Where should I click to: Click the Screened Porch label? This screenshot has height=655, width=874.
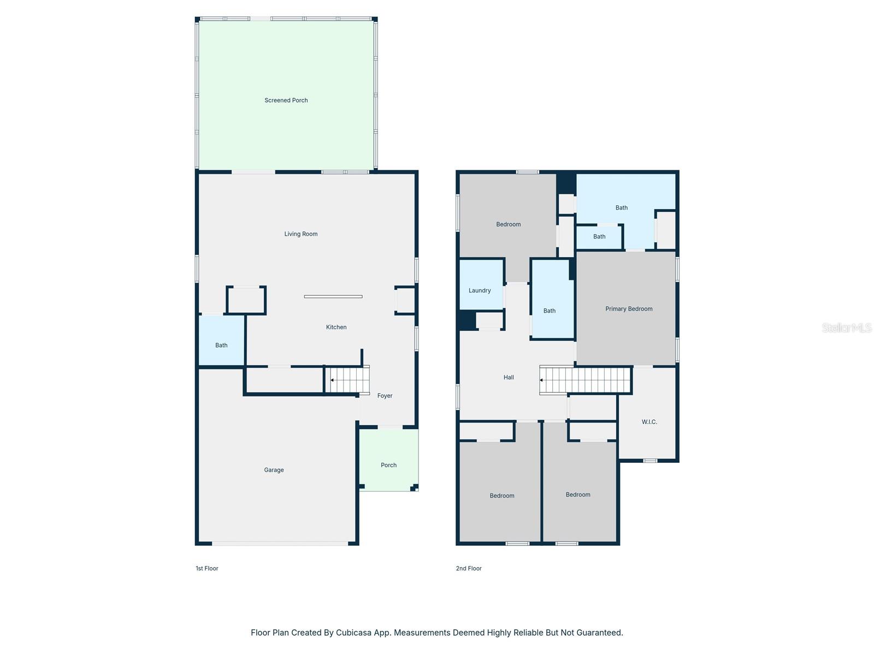click(286, 100)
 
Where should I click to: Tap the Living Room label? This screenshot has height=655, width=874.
click(300, 234)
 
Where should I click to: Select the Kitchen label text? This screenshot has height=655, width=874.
click(336, 327)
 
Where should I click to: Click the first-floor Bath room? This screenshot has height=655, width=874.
click(221, 341)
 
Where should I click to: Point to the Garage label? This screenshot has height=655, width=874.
click(274, 470)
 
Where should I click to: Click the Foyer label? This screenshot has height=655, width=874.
click(385, 396)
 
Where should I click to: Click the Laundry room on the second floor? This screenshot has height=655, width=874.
click(480, 290)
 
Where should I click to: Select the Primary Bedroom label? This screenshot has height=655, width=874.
click(629, 309)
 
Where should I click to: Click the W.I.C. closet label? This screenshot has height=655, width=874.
click(649, 422)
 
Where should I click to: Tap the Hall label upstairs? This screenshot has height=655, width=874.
click(509, 377)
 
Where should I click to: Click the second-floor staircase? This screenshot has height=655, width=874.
click(585, 380)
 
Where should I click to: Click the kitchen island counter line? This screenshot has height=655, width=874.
click(333, 296)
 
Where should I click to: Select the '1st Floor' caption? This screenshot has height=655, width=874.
click(207, 568)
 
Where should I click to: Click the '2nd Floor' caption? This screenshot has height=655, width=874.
click(469, 568)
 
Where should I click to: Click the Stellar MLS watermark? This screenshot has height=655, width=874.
click(846, 327)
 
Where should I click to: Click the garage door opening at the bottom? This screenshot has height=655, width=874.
click(280, 544)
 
